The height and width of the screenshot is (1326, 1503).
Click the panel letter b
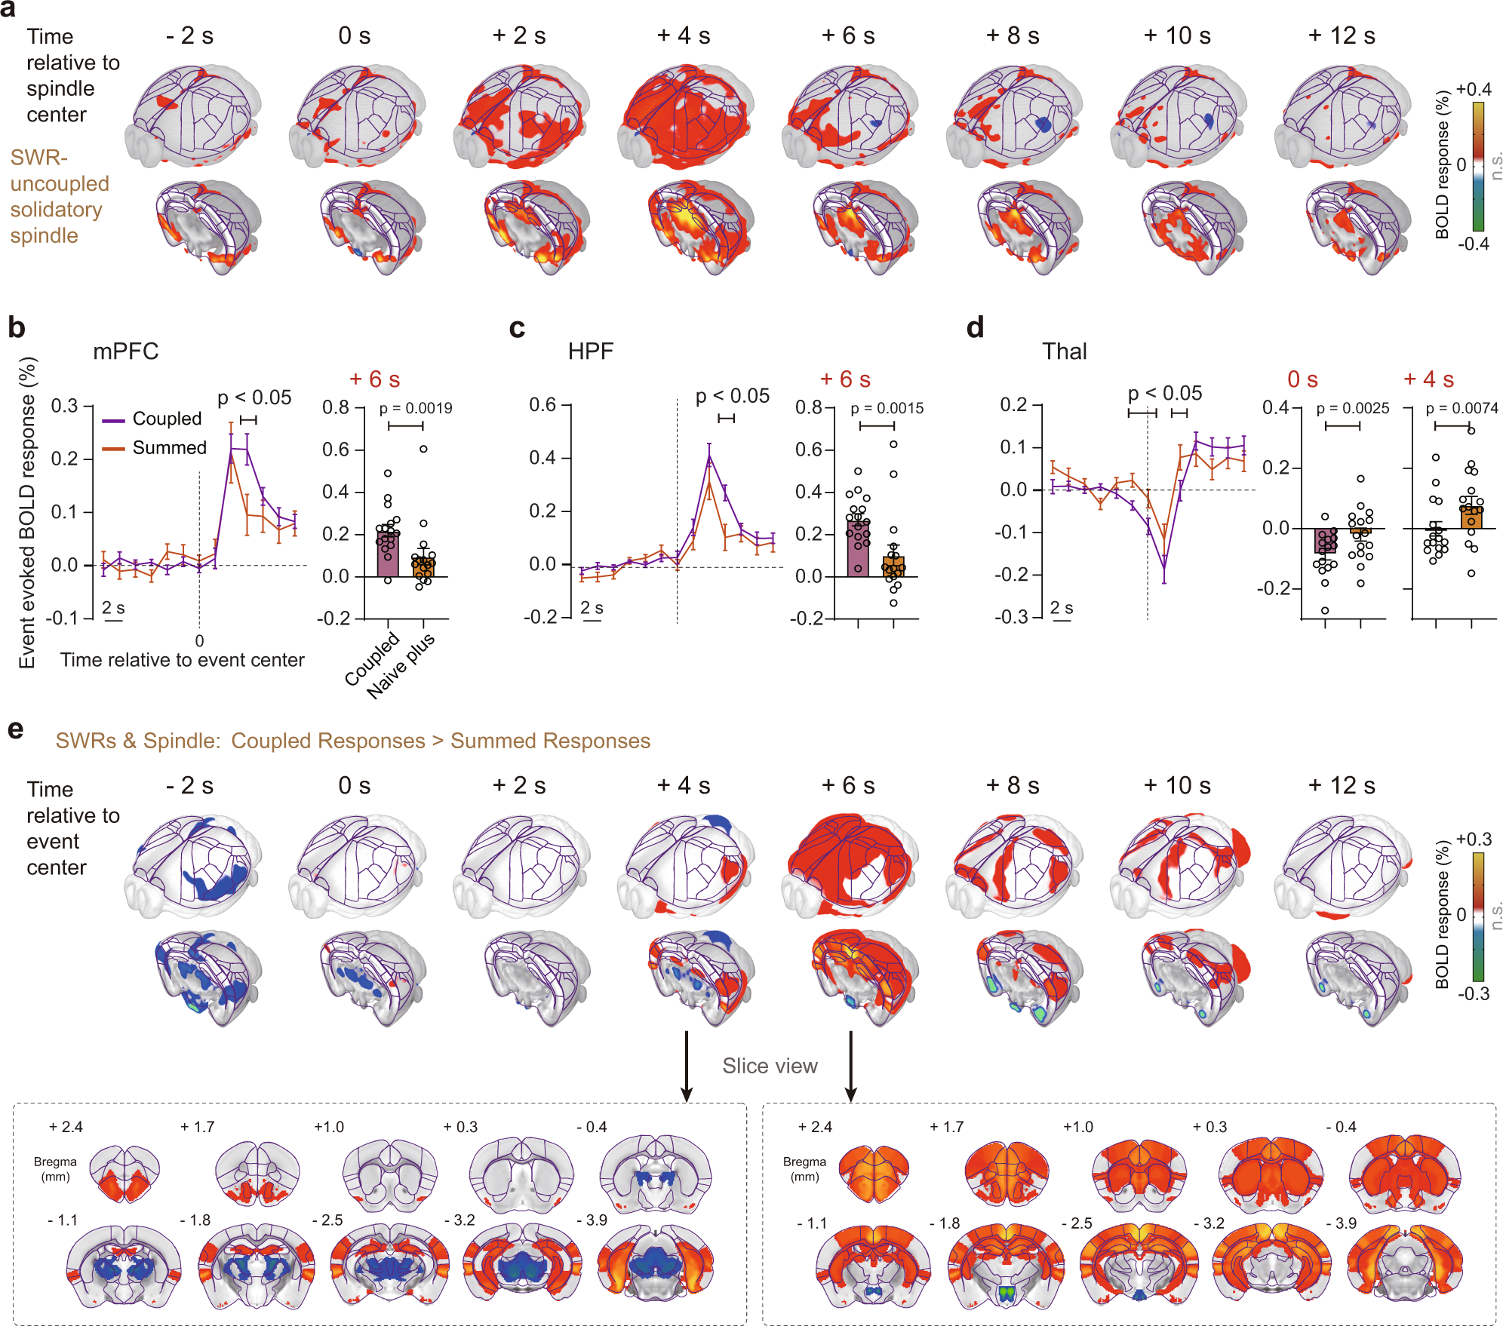[x=16, y=328]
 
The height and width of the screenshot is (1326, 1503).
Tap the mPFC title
[x=125, y=351]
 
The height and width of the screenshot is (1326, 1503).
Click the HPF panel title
[x=590, y=351]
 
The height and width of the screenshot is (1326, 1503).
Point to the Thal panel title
[x=1064, y=351]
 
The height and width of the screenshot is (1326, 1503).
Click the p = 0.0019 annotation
[x=415, y=408]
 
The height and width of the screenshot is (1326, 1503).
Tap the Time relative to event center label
[x=182, y=660]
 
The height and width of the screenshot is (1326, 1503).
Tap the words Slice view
[x=770, y=1066]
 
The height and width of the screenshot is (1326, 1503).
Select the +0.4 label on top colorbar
[x=1474, y=89]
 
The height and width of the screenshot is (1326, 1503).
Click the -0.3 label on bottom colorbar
[x=1474, y=993]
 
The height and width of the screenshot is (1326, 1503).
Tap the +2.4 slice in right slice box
[x=874, y=1173]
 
